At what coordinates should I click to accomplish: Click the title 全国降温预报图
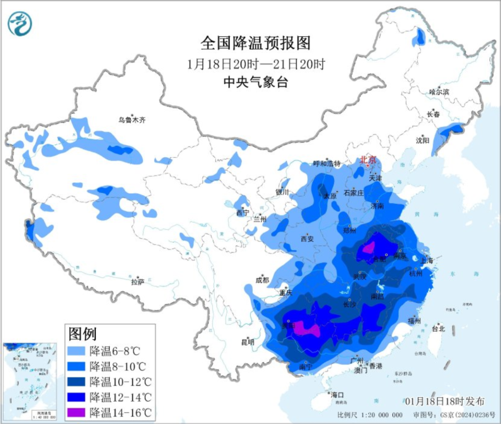[255, 43]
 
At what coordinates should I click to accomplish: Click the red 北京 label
[369, 160]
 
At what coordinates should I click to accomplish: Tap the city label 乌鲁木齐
[132, 120]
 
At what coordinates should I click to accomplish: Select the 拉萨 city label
[138, 281]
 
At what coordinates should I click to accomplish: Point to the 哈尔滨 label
[439, 92]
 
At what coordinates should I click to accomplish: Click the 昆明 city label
[248, 342]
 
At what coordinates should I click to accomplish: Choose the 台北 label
[438, 329]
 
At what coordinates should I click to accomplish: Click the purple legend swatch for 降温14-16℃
[77, 412]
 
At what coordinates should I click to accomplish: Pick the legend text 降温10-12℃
[121, 382]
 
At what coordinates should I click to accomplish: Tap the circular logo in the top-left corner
[20, 24]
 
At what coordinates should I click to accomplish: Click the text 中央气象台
[256, 83]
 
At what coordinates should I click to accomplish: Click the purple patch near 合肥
[368, 248]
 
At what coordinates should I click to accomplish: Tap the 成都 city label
[262, 280]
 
